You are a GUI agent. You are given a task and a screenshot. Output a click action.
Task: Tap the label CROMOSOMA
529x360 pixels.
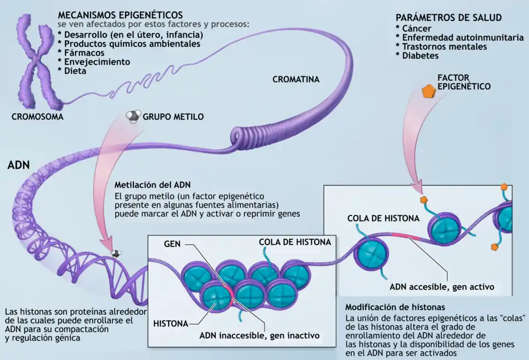[37, 117]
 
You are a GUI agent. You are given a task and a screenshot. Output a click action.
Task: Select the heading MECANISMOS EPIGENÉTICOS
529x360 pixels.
[120, 14]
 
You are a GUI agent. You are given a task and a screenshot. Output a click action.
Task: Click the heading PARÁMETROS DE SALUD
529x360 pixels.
[449, 18]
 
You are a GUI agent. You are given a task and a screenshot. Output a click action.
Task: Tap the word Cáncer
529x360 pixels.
[417, 29]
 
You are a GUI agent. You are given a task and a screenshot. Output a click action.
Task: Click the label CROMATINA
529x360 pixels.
[296, 80]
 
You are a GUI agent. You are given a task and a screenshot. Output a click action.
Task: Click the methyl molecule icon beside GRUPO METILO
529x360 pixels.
[132, 116]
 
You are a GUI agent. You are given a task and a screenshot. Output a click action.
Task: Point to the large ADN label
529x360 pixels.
[19, 165]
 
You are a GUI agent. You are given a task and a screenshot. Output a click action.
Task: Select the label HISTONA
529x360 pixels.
[171, 323]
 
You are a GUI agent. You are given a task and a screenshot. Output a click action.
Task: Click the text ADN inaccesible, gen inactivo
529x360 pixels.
[259, 335]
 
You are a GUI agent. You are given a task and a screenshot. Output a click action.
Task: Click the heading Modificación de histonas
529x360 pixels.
[395, 307]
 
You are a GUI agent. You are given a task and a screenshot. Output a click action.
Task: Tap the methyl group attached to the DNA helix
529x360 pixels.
[116, 253]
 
